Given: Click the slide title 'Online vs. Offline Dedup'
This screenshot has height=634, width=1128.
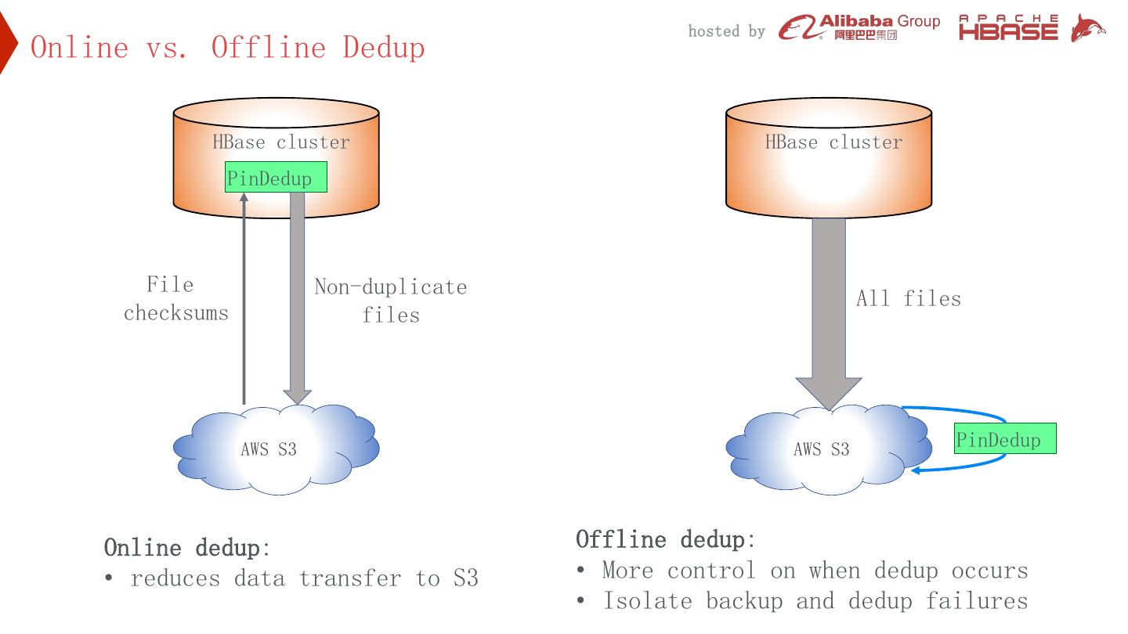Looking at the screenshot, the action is tap(227, 48).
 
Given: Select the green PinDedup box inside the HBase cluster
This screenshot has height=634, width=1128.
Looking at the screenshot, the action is tap(276, 178).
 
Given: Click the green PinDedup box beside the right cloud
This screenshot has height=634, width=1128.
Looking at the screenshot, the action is tap(1005, 439).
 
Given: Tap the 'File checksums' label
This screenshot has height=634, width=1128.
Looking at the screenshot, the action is tap(175, 299).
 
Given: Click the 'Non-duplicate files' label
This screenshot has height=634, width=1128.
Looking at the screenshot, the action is tap(390, 301).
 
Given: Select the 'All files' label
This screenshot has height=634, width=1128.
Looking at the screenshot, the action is tap(908, 298).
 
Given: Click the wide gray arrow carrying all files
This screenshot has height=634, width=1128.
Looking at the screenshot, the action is tap(829, 313).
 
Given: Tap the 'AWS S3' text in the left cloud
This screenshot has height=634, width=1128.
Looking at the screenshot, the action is tap(268, 449).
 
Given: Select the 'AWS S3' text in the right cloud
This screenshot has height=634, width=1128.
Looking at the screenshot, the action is tap(821, 449).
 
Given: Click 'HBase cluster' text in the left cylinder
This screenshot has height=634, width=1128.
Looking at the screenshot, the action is tap(281, 142).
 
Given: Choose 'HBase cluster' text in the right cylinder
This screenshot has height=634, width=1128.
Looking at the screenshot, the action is tap(833, 142).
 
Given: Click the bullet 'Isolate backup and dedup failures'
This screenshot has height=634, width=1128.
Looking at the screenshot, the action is tap(815, 601).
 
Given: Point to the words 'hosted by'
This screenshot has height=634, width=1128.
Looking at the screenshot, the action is tap(726, 31).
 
